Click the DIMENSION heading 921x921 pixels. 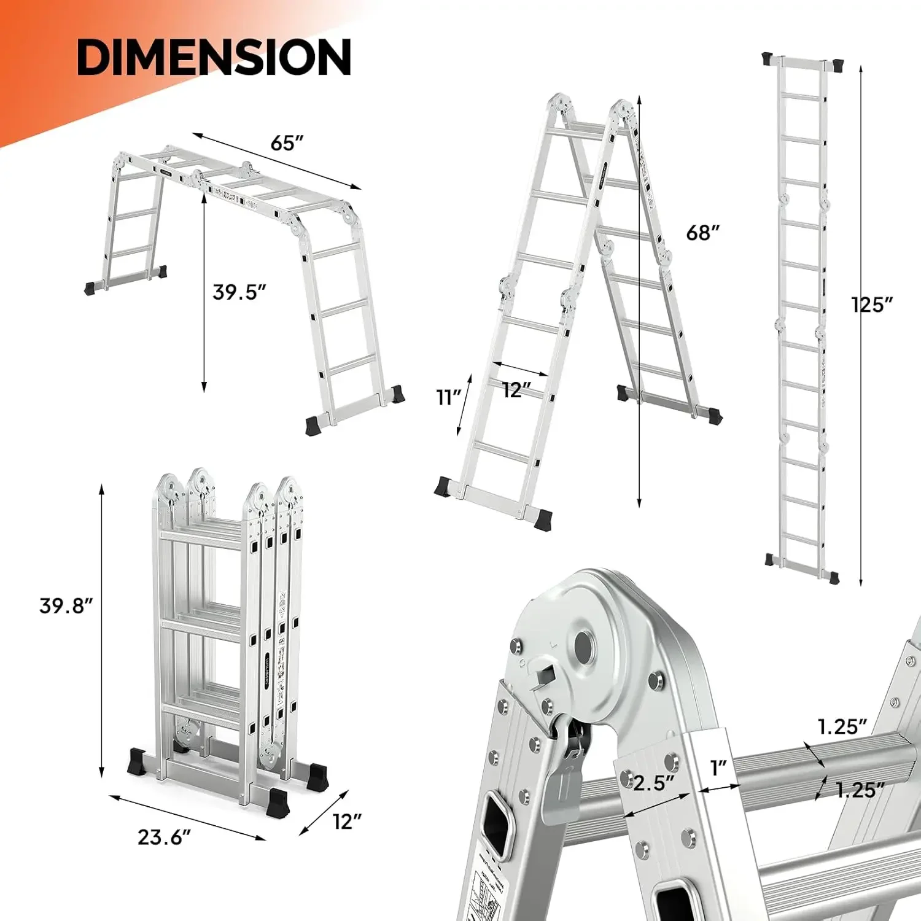tap(214, 56)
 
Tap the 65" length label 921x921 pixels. tap(287, 143)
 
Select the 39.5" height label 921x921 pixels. tap(239, 292)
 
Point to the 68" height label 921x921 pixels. tap(702, 233)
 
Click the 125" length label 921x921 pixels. tap(872, 305)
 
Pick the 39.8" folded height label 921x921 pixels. tap(66, 605)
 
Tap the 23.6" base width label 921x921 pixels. tap(164, 837)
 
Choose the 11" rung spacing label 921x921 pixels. tap(449, 398)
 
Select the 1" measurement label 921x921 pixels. tap(718, 767)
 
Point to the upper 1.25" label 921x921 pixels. tap(842, 727)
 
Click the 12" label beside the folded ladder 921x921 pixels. tap(347, 822)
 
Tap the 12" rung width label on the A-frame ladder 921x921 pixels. tap(516, 389)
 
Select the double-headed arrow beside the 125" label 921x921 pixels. tap(861, 325)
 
